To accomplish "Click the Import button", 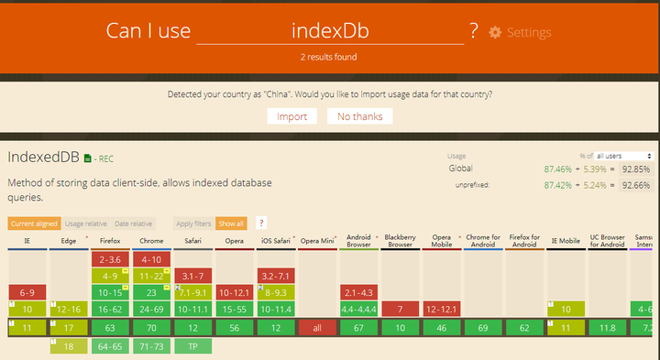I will (x=292, y=116).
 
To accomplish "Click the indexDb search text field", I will (x=330, y=30).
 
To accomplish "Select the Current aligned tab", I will (x=33, y=224).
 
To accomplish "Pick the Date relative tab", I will (x=134, y=224).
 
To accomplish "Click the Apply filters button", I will (x=192, y=224).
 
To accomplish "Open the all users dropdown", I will (x=623, y=156).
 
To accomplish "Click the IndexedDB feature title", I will (x=43, y=158).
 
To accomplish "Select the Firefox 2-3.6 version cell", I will (x=115, y=259).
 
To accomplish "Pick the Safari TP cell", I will (x=192, y=346).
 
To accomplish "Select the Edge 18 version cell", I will (x=69, y=346).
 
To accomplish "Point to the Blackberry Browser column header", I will (x=401, y=242).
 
